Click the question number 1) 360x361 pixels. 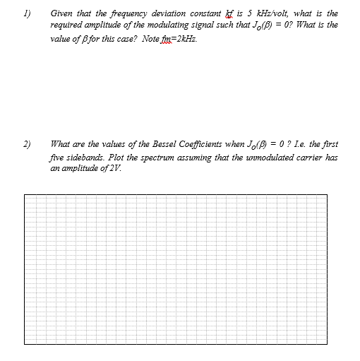(25, 13)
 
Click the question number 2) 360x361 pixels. (25, 143)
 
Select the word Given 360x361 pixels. (61, 13)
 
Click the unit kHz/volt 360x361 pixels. (258, 13)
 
